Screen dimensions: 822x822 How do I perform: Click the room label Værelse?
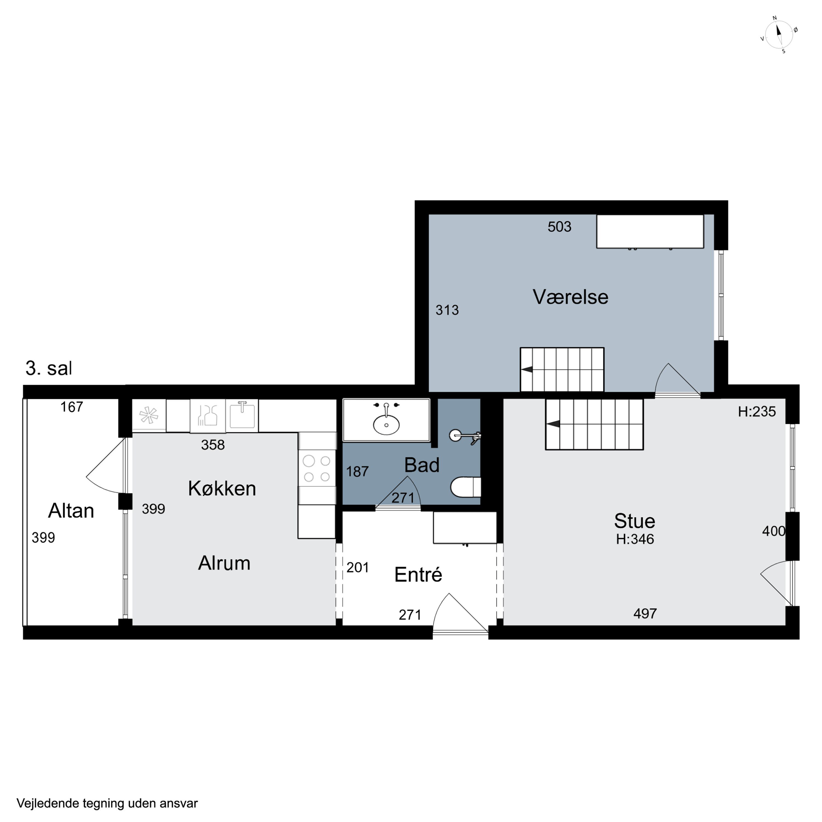570,297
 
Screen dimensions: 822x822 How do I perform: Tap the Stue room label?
634,521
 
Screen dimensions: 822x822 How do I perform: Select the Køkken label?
222,489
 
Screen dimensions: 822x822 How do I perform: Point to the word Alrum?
224,563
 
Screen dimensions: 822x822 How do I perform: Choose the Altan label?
71,510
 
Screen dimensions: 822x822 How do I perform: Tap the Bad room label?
422,465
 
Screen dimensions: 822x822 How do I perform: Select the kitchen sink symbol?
242,416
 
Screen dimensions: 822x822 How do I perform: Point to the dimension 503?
560,227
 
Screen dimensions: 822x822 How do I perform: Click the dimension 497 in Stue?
645,613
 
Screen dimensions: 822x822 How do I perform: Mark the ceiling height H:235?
757,412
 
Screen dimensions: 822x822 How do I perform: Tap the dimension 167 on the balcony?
72,407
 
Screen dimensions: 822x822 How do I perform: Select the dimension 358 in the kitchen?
213,445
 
